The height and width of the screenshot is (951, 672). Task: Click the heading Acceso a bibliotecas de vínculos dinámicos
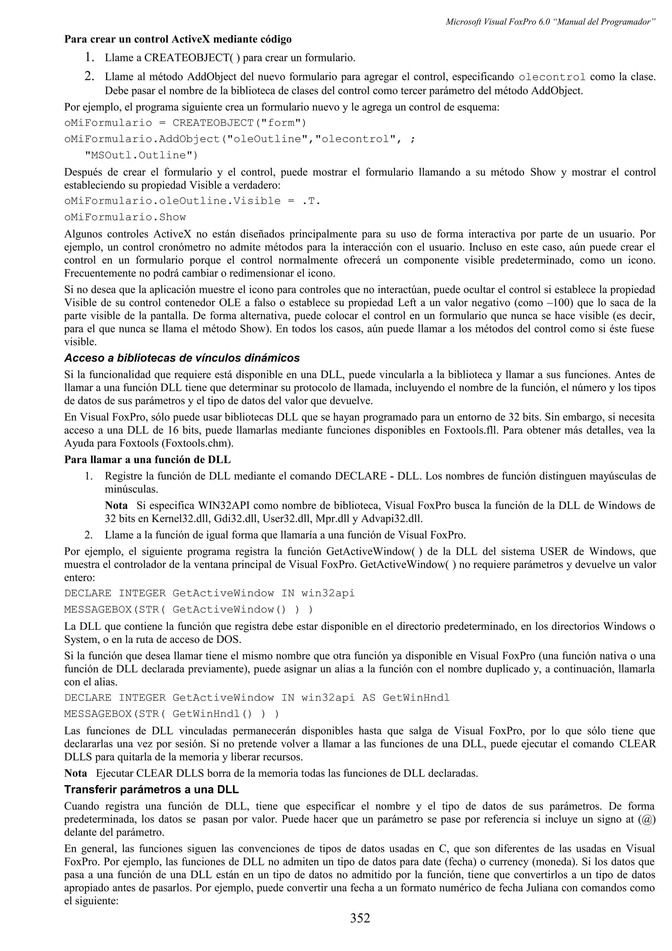[x=182, y=358]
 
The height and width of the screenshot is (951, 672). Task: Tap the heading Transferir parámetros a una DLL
[x=151, y=790]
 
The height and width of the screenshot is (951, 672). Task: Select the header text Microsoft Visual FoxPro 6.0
[x=497, y=22]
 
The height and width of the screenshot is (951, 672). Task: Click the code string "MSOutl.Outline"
[x=141, y=155]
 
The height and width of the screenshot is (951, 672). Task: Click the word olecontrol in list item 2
[x=552, y=77]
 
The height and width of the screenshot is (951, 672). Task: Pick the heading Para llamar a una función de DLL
[x=147, y=460]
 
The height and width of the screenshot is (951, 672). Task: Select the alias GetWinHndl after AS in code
[x=416, y=698]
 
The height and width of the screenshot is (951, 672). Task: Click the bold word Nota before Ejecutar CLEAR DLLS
[x=76, y=773]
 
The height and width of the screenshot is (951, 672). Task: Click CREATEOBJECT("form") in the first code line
[x=239, y=123]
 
